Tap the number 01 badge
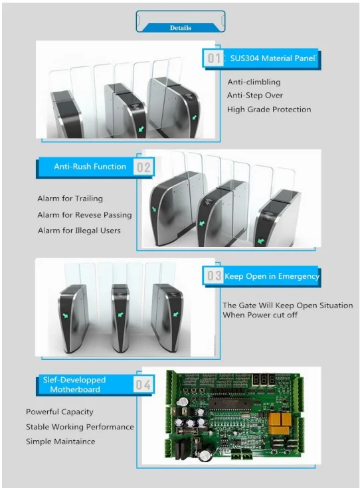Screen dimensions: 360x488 click(214, 58)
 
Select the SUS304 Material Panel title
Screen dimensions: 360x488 click(273, 58)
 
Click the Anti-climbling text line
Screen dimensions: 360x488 click(254, 82)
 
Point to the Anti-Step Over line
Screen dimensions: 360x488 click(255, 95)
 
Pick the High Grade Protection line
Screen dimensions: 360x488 click(269, 110)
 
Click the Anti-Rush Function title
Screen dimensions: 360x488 click(90, 167)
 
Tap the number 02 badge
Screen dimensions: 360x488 click(143, 167)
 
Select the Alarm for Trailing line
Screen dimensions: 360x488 click(70, 199)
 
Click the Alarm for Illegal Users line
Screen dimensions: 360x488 click(79, 230)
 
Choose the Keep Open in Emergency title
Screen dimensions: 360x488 click(272, 276)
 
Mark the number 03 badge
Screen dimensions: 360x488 click(215, 276)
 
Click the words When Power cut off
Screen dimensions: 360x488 click(260, 315)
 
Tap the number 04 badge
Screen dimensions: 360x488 click(143, 384)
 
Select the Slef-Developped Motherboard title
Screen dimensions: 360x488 click(74, 384)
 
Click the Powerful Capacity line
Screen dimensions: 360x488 click(60, 412)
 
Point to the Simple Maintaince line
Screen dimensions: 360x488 click(60, 442)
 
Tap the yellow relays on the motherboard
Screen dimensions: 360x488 click(280, 424)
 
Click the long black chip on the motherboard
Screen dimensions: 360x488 click(230, 404)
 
